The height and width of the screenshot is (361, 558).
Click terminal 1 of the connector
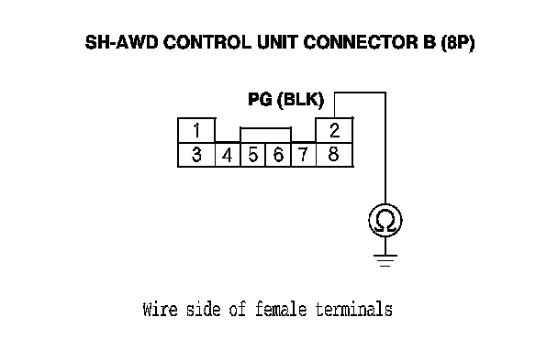coord(196,131)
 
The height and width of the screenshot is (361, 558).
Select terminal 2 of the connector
coord(334,131)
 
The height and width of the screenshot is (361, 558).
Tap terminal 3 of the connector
coord(196,155)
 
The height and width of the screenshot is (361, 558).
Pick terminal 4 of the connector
coord(228,155)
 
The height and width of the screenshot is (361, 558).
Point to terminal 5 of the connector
coord(253,155)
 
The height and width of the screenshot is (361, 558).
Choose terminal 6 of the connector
coord(278,155)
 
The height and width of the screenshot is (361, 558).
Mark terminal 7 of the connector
coord(304,155)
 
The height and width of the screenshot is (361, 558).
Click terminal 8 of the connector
coord(334,155)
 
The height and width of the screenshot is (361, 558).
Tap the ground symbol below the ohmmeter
coord(385,260)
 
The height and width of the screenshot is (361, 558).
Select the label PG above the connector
coord(260,100)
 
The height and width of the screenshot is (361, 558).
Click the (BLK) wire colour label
coord(301,100)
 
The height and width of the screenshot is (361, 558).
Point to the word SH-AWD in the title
coord(121,43)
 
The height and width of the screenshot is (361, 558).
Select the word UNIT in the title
coord(277,43)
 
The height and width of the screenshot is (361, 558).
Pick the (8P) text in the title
coord(458,43)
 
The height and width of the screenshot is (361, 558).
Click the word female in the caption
coord(281,309)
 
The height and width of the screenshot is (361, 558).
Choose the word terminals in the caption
coord(354,309)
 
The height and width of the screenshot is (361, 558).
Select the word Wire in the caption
coord(160,309)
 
